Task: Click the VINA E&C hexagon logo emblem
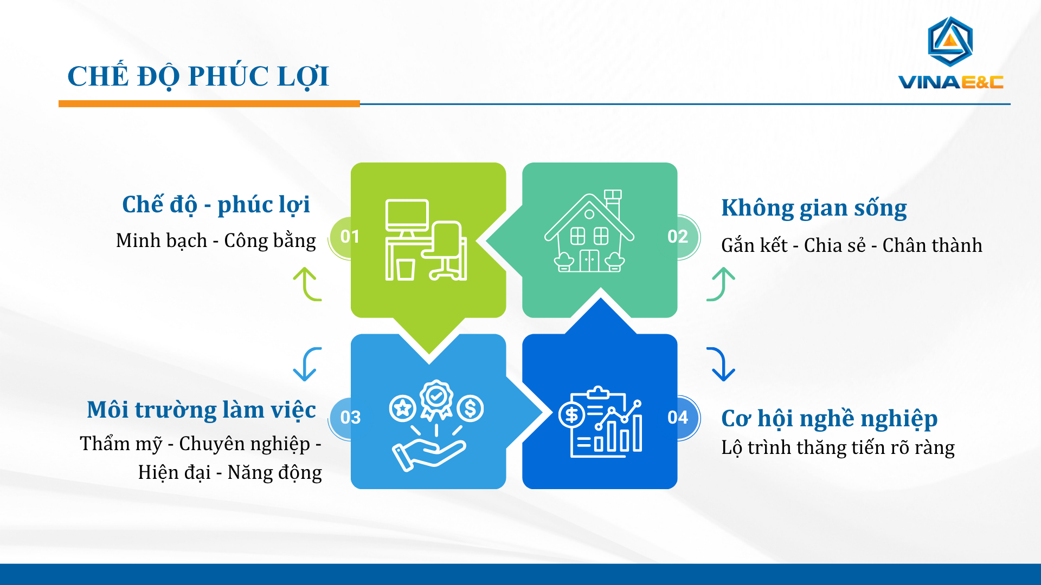950,42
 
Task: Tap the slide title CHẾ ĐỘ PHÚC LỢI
198,76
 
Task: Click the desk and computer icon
426,240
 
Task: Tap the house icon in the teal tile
589,231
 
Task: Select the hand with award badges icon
436,426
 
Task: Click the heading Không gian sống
814,209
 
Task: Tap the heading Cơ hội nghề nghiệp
830,419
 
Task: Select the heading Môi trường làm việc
201,410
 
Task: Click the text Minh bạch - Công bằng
216,240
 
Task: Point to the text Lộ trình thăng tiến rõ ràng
838,447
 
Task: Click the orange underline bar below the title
209,103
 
